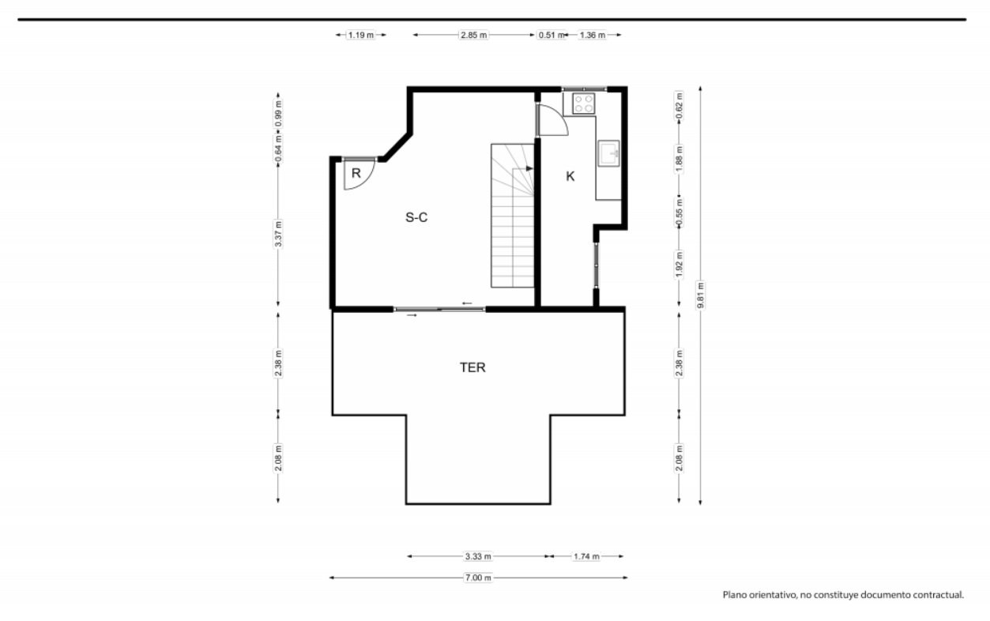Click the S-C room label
[416, 217]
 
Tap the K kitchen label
[570, 176]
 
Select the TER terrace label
[472, 367]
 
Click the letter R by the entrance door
[356, 173]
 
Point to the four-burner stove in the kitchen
[584, 103]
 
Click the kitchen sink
[608, 153]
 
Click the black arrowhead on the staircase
[529, 168]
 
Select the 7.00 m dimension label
[478, 578]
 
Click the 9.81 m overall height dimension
[700, 295]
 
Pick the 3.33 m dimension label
[478, 556]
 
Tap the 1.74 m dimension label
[586, 556]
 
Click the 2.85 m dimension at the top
[474, 35]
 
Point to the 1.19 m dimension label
[360, 35]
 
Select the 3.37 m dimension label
[278, 233]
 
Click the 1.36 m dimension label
[593, 35]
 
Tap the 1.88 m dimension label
[679, 159]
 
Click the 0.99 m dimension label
[278, 114]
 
